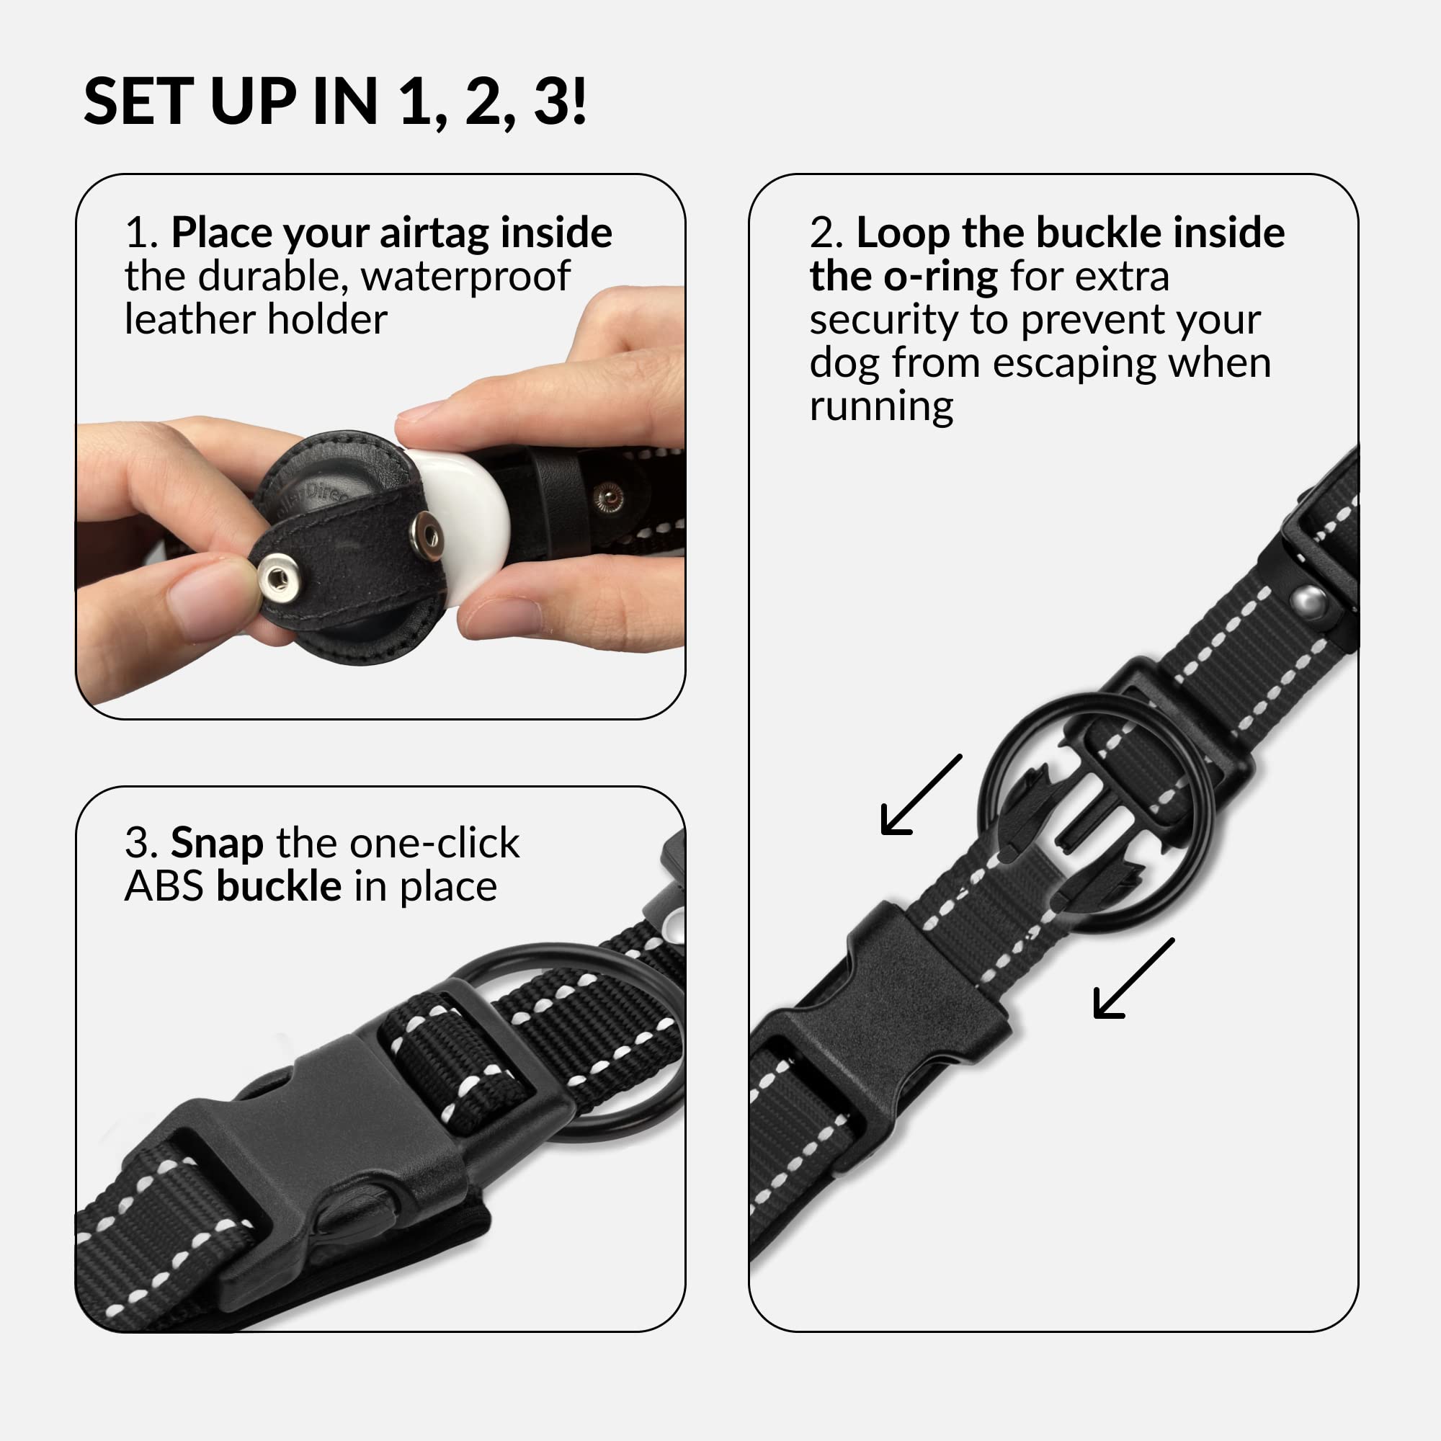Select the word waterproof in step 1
point(466,277)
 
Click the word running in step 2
point(881,407)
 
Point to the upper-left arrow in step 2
point(921,794)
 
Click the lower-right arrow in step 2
point(1133,978)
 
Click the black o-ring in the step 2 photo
point(980,813)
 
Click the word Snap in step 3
point(217,844)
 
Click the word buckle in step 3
point(279,888)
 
